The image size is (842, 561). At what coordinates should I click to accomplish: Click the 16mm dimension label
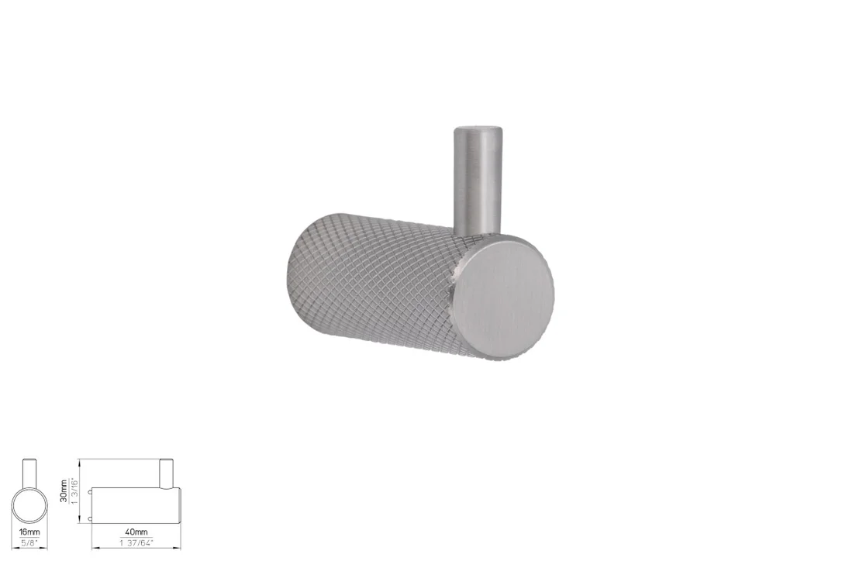(x=29, y=532)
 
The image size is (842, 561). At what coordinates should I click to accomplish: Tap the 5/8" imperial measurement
(x=29, y=542)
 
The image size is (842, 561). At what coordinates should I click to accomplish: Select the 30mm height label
(x=64, y=490)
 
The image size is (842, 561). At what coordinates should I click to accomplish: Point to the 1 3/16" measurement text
(x=74, y=490)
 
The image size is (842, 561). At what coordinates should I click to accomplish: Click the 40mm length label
(x=136, y=532)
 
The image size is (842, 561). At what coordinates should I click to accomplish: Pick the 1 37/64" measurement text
(x=136, y=542)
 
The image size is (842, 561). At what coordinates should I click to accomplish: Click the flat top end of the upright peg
(x=479, y=130)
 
